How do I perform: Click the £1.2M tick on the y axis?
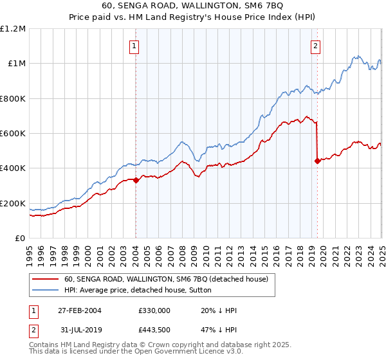(13, 29)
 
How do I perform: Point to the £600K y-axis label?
(13, 134)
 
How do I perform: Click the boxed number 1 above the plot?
(135, 46)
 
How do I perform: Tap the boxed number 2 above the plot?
(317, 46)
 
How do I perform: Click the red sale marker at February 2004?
(136, 181)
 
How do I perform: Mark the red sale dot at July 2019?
(317, 161)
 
